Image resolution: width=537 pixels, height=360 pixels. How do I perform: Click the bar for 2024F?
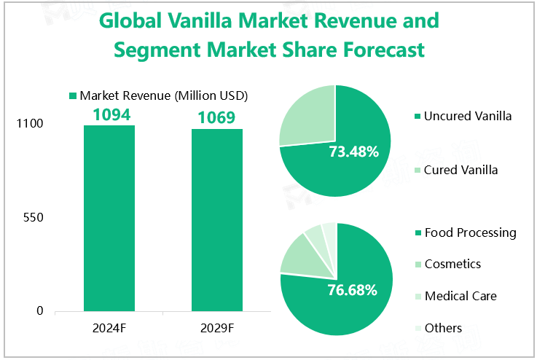point(109,219)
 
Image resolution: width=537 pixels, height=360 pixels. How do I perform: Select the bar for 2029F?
point(216,220)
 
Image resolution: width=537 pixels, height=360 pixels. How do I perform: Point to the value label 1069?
point(216,118)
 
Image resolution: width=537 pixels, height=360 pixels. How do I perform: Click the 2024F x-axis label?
point(109,328)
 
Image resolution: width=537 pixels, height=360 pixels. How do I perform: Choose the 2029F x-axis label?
point(216,328)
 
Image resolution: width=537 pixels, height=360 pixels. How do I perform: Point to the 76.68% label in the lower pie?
point(353,290)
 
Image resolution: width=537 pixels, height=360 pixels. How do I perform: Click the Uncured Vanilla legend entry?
point(467,116)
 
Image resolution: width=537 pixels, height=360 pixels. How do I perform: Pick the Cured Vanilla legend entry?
point(460,170)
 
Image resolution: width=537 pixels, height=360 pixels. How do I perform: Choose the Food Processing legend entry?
point(470,232)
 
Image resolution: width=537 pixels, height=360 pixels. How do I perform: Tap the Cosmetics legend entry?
point(452,264)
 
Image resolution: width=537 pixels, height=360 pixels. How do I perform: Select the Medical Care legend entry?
point(460,296)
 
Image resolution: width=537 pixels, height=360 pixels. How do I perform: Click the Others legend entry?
point(443,328)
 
